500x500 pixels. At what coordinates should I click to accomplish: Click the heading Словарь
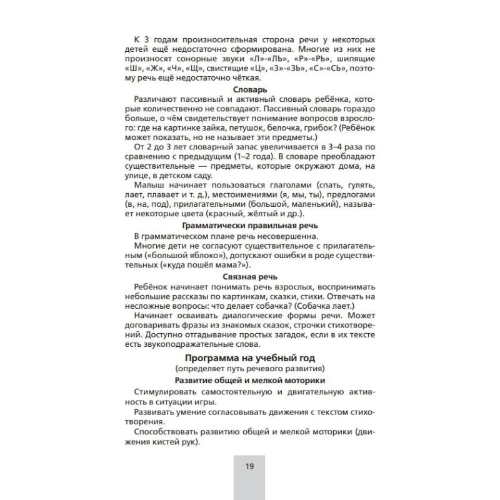tap(249, 90)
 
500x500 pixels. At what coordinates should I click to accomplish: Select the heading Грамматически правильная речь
tap(250, 226)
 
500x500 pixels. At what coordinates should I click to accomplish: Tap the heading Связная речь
tap(250, 276)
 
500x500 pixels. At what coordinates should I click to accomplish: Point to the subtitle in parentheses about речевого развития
tap(250, 369)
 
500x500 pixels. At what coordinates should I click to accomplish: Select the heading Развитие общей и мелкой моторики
tap(250, 380)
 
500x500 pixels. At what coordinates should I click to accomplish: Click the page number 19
tap(250, 466)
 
